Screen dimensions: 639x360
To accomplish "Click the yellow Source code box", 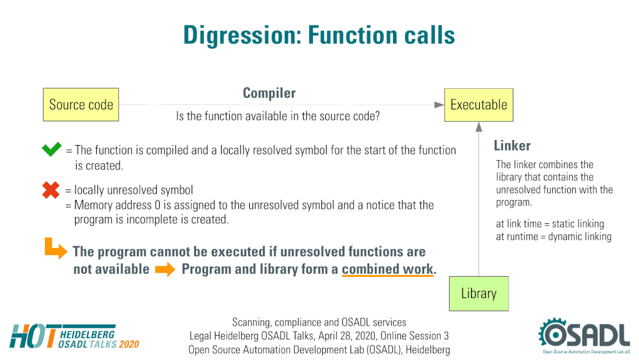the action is tap(81, 104).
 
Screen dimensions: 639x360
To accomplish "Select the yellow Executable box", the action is tap(478, 105).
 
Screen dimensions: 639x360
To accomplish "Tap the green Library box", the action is tap(479, 294).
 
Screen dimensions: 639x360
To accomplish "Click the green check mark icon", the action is tap(52, 149).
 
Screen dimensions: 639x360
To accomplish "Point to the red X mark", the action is tap(51, 190).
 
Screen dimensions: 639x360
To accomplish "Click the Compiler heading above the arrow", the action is tap(269, 93).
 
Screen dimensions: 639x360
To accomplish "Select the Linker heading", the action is tap(512, 146).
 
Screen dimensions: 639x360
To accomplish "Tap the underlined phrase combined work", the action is tap(387, 269).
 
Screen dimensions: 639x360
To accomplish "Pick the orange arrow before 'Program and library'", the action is tap(165, 269).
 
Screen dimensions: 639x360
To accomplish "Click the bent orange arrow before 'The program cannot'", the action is tap(56, 248).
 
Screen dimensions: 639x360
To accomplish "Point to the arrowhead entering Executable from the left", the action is tap(439, 105).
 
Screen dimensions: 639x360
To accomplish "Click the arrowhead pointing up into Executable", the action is tap(479, 127).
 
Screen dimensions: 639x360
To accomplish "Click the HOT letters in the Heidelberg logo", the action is tap(33, 336).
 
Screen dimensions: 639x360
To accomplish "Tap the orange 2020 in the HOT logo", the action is tap(129, 344).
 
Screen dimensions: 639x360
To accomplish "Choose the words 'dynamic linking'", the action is tap(580, 237).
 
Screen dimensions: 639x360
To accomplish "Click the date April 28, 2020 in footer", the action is tap(348, 336).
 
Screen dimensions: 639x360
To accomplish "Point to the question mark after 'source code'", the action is tap(377, 116).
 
